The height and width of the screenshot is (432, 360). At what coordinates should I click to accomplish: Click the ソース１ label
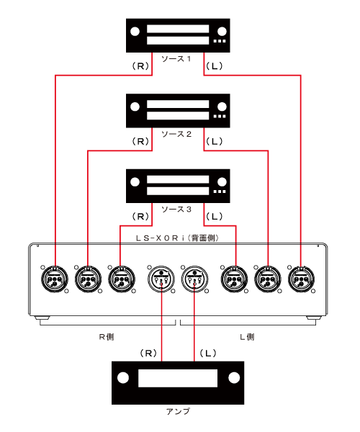[176, 59]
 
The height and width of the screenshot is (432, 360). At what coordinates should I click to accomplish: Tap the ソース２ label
[176, 134]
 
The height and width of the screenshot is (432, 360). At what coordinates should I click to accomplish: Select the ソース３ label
[176, 210]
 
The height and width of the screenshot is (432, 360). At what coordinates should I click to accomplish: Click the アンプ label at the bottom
[178, 411]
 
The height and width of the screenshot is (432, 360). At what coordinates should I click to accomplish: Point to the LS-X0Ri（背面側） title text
[178, 238]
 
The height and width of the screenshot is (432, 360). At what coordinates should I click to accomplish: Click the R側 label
[107, 337]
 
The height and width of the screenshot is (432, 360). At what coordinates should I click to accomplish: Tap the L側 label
[247, 337]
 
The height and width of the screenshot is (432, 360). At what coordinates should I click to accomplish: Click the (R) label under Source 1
[140, 66]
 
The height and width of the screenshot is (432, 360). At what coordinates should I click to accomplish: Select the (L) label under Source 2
[214, 141]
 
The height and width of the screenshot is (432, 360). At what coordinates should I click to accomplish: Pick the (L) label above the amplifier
[207, 353]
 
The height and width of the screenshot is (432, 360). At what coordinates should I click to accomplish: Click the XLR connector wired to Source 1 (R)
[55, 279]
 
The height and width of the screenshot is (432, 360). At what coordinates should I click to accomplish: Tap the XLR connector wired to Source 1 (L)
[301, 279]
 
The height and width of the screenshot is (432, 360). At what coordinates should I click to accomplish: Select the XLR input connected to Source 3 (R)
[122, 279]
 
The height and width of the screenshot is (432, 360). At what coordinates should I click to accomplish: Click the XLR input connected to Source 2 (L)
[267, 279]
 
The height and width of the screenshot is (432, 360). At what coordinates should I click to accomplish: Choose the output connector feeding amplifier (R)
[161, 279]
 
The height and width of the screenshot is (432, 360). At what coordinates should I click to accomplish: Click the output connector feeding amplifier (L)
[194, 279]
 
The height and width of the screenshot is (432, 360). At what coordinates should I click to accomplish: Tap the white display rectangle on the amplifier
[178, 378]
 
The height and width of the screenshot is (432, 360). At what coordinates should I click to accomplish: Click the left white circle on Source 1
[135, 32]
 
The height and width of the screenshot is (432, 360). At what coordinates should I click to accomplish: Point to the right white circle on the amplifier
[234, 378]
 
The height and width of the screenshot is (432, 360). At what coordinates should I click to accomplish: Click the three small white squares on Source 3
[220, 192]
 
